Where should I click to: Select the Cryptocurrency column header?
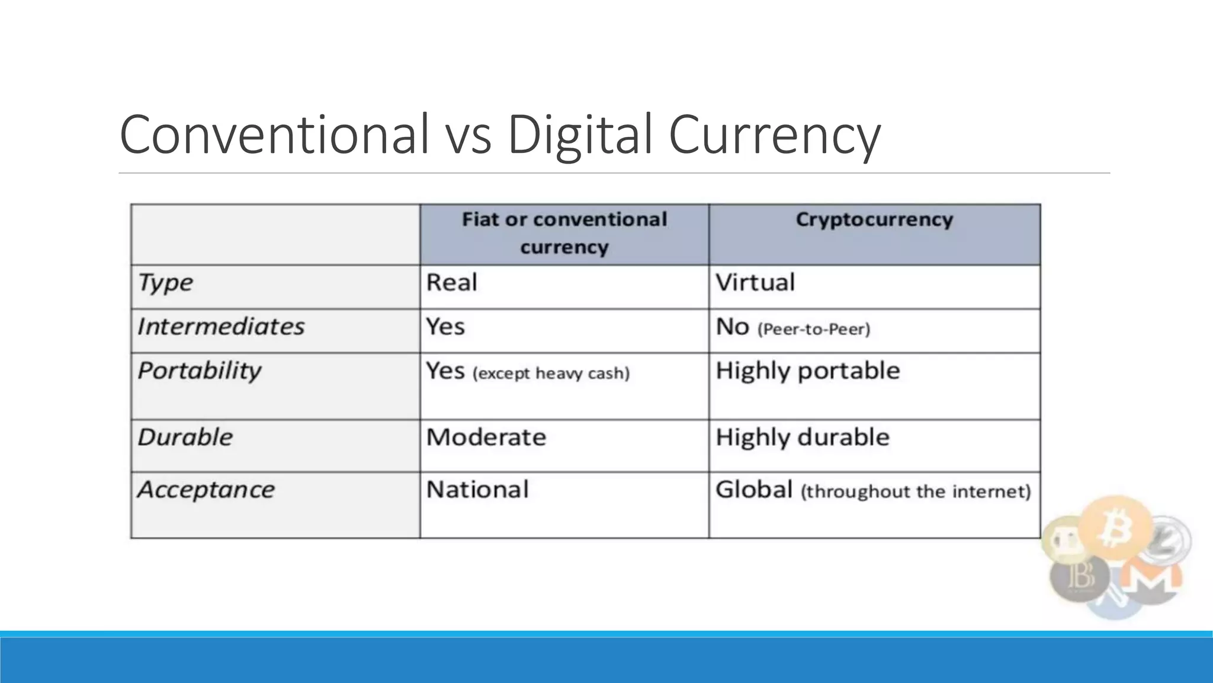874,219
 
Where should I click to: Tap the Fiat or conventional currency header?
564,233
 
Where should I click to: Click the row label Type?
165,283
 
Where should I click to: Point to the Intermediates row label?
221,327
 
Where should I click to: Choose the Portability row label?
199,371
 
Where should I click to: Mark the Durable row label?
185,438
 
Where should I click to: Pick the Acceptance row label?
206,490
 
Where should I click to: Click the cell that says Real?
451,282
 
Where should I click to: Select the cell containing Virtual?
755,282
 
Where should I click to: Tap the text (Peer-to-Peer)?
814,329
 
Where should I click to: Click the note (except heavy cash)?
551,374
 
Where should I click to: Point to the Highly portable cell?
807,371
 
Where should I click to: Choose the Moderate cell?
486,438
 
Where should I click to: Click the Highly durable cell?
802,438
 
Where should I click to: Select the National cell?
477,490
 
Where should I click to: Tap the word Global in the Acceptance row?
754,490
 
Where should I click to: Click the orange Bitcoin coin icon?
1115,529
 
